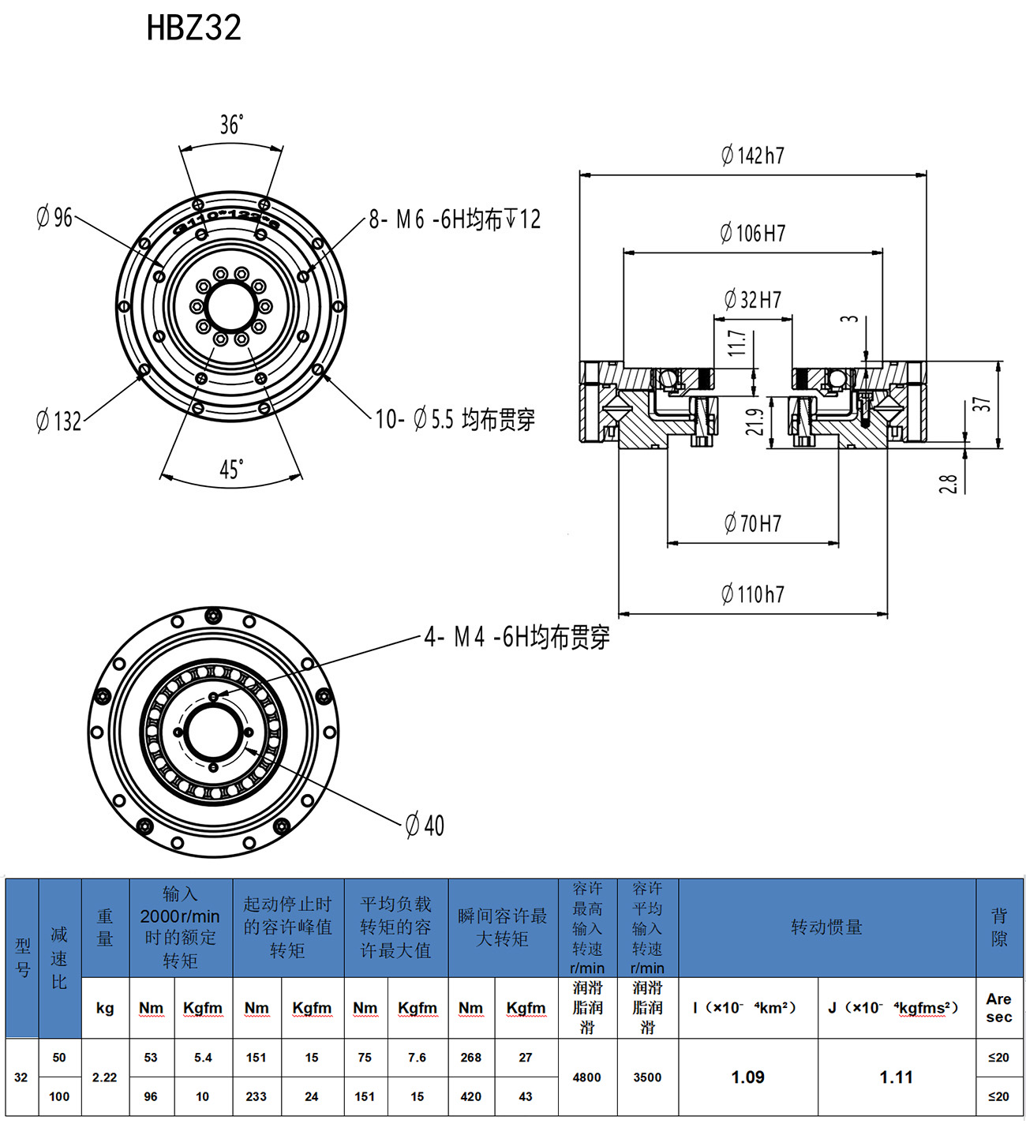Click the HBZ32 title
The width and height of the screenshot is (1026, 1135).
pyautogui.click(x=193, y=28)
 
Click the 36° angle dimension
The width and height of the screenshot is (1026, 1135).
pyautogui.click(x=230, y=125)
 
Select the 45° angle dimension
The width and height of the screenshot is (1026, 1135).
pyautogui.click(x=230, y=470)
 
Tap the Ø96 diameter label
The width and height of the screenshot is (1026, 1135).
pyautogui.click(x=54, y=217)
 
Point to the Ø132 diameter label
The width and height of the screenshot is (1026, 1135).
pyautogui.click(x=59, y=421)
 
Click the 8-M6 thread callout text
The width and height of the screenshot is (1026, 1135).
pyautogui.click(x=455, y=219)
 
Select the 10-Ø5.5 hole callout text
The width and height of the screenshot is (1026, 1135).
pyautogui.click(x=455, y=419)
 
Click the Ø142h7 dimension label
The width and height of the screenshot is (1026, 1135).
pyautogui.click(x=753, y=155)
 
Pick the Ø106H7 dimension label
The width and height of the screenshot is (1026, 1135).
pyautogui.click(x=753, y=233)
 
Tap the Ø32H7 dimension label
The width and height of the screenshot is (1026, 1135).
pyautogui.click(x=753, y=300)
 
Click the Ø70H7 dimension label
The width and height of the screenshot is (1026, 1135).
pyautogui.click(x=753, y=523)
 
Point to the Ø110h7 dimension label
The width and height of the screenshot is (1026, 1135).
pyautogui.click(x=753, y=594)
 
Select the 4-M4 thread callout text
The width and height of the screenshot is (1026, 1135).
pyautogui.click(x=517, y=637)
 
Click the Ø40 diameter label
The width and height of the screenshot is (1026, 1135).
pyautogui.click(x=425, y=826)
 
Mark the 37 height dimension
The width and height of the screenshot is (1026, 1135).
pyautogui.click(x=981, y=404)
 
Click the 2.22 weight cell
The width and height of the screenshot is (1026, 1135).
pyautogui.click(x=105, y=1077)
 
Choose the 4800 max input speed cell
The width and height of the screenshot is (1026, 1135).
pyautogui.click(x=587, y=1077)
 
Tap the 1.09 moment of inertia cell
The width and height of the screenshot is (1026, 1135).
pyautogui.click(x=747, y=1077)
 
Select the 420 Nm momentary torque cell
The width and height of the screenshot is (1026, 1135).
pyautogui.click(x=471, y=1096)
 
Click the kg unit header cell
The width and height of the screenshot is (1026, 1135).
pyautogui.click(x=105, y=1008)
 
